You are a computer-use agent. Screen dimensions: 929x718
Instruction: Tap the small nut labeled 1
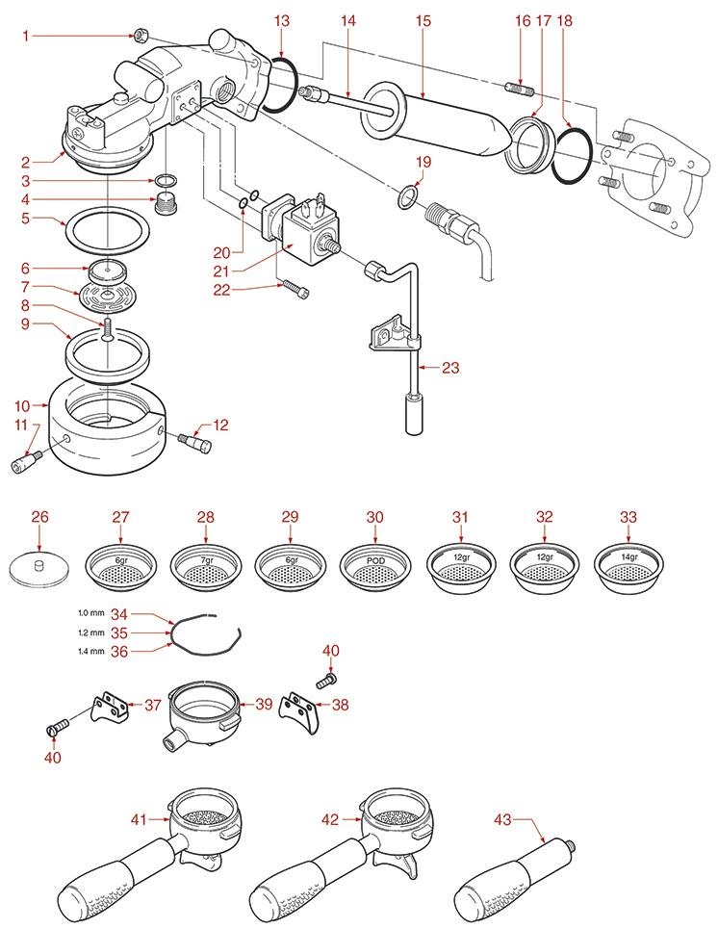click(x=141, y=37)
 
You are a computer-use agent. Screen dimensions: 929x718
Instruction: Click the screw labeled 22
click(x=293, y=285)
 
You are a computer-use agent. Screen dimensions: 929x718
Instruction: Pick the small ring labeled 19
click(x=408, y=199)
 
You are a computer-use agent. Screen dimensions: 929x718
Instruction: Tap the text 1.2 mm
click(x=93, y=632)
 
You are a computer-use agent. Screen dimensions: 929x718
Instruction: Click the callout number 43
click(x=503, y=819)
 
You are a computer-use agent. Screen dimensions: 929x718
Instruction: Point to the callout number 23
click(x=450, y=367)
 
